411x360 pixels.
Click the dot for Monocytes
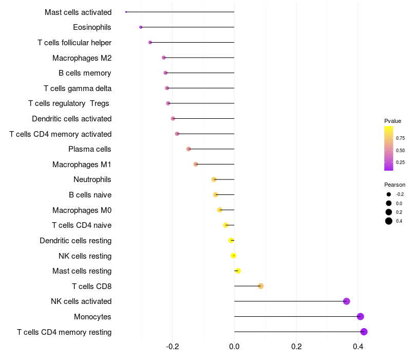pos(361,317)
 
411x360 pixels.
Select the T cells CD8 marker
pos(260,286)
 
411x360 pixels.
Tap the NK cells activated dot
pos(346,301)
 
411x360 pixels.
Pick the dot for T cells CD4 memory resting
pos(364,332)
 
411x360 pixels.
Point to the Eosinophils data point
pos(141,27)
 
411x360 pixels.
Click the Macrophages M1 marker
pos(196,164)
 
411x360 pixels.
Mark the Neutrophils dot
pos(214,179)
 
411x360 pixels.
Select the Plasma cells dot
pos(189,149)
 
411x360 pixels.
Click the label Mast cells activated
pos(78,12)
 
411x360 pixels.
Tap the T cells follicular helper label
pos(74,42)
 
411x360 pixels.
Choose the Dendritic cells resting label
pos(76,240)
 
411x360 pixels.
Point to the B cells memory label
pos(85,73)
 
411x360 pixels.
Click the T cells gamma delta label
pos(78,88)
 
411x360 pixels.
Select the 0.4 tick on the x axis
pos(358,347)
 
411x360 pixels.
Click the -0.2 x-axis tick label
pos(173,347)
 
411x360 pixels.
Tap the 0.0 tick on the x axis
pos(234,347)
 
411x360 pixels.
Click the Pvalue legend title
pos(393,121)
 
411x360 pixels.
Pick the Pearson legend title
pos(395,185)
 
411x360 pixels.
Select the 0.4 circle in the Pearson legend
pos(389,221)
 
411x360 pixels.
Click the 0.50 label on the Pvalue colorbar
pos(400,150)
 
